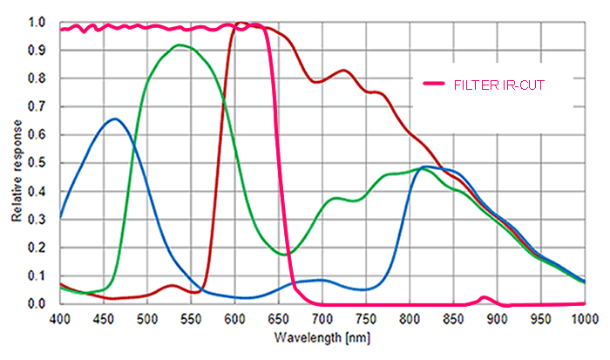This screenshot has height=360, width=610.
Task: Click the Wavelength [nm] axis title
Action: pos(321,336)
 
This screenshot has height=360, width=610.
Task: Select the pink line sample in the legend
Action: pos(435,84)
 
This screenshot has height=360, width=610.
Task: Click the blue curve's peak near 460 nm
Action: pos(115,119)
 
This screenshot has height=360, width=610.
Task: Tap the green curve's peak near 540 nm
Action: pos(180,44)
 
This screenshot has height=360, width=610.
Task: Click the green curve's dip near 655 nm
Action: pos(283,255)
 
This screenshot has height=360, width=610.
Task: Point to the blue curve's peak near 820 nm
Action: pos(425,166)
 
